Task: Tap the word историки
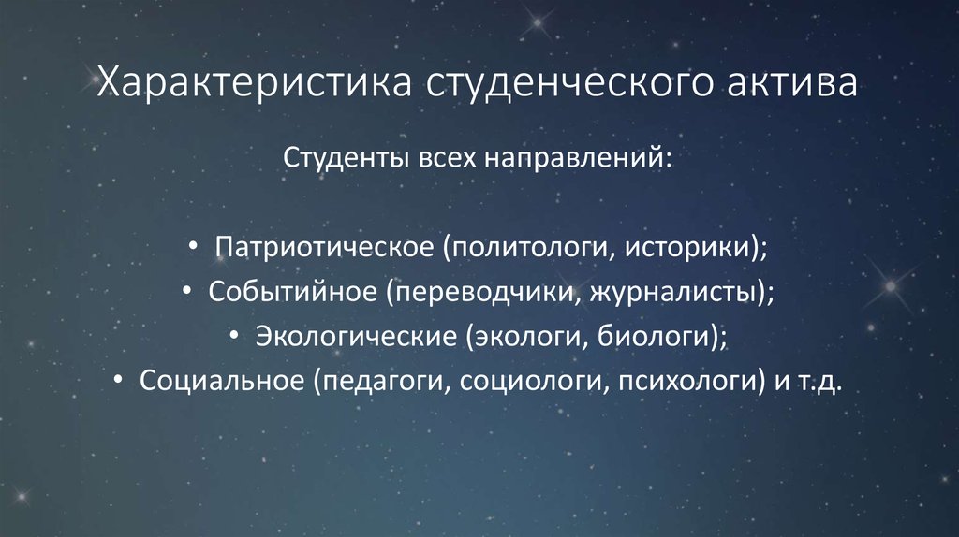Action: coord(687,249)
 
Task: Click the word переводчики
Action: coord(488,292)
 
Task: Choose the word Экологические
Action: coord(353,336)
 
